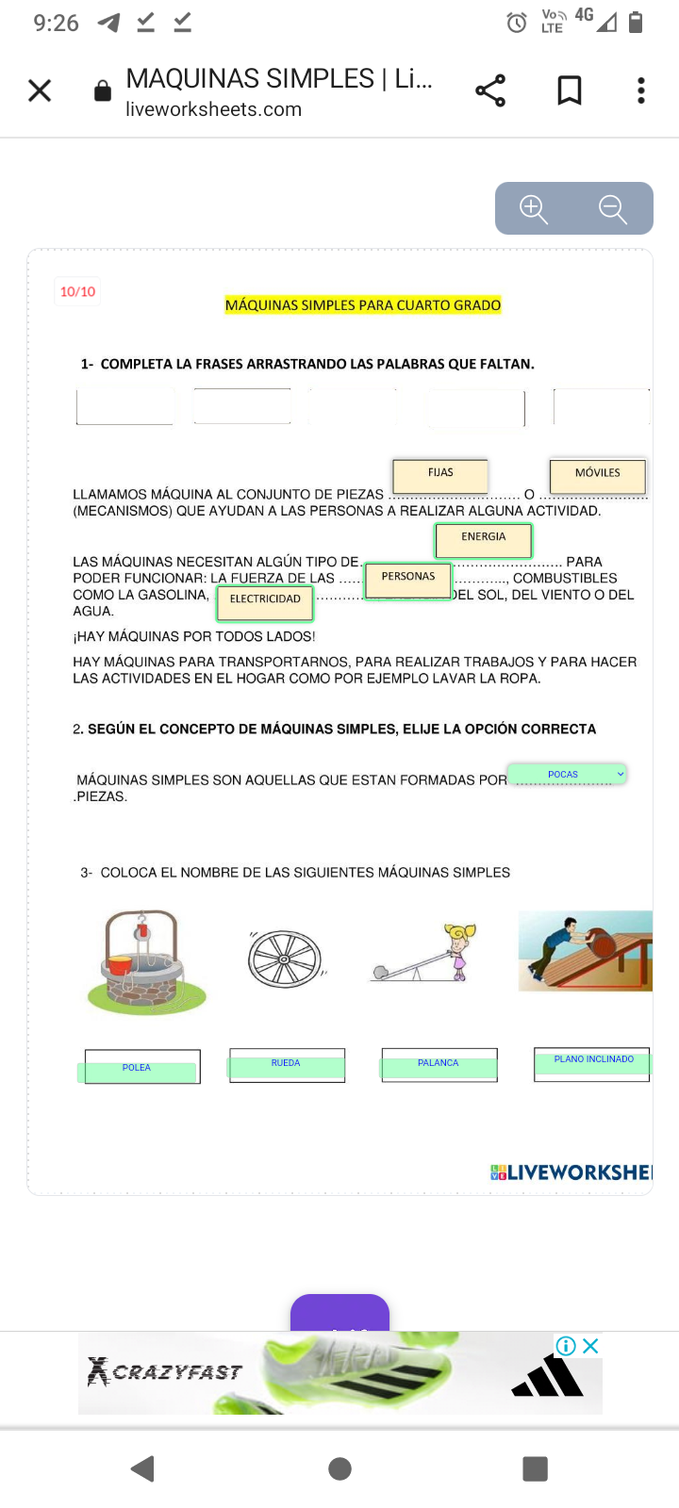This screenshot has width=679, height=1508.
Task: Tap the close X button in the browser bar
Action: tap(40, 90)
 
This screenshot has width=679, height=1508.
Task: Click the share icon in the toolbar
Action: tap(490, 90)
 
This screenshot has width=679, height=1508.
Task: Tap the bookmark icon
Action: tap(570, 90)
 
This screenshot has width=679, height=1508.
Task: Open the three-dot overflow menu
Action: tap(641, 90)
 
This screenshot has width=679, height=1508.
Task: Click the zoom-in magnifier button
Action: tap(534, 208)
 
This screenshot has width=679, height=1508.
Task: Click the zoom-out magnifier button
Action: tap(613, 208)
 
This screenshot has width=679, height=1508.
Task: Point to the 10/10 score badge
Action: tap(77, 292)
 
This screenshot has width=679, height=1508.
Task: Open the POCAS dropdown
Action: tap(567, 775)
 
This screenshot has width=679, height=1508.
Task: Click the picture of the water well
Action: tap(145, 961)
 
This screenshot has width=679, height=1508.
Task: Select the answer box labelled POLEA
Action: tap(138, 1069)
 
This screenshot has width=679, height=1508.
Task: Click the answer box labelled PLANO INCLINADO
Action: tap(592, 1062)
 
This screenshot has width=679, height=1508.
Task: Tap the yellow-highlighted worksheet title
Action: tap(363, 305)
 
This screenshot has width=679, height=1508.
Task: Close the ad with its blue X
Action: tap(591, 1346)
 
